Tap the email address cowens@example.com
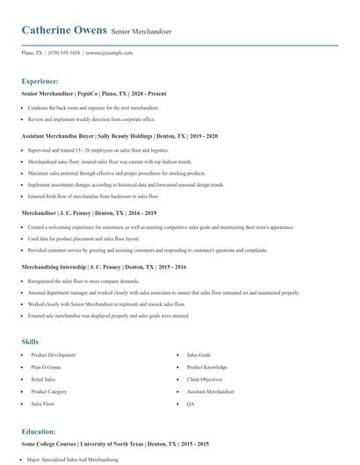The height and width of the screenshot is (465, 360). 109,53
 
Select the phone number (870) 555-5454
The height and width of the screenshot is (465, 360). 64,53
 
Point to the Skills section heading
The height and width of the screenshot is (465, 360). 30,340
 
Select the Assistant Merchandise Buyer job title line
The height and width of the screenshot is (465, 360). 119,136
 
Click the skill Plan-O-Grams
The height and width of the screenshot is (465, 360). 47,368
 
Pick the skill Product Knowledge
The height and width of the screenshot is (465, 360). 207,368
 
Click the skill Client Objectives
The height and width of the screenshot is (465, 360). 205,380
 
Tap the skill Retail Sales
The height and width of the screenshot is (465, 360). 45,380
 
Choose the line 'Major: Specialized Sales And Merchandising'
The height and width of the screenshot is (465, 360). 74,459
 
